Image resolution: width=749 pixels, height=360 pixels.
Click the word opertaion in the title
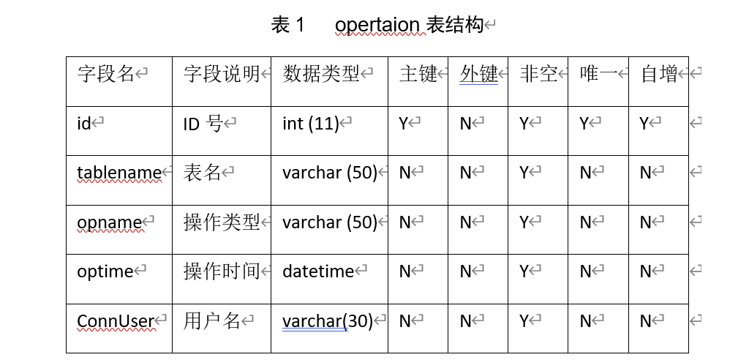(x=377, y=25)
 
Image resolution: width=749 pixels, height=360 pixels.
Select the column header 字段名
(x=106, y=74)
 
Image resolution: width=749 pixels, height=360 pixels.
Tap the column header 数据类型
(x=321, y=74)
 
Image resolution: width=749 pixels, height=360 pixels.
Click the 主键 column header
(x=418, y=74)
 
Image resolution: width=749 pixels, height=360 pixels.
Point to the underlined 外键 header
(x=478, y=74)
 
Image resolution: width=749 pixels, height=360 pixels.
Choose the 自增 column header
(x=659, y=74)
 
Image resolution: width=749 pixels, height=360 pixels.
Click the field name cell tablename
(x=118, y=173)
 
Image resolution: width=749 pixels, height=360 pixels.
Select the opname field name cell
(x=109, y=222)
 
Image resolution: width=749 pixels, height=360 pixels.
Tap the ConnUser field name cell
(x=116, y=320)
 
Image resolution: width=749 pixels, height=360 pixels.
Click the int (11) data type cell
(x=310, y=124)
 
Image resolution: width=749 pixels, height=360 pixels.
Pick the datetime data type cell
(x=318, y=271)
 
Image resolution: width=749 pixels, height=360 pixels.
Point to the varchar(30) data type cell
(x=327, y=320)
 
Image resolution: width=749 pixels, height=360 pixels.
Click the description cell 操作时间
(x=222, y=271)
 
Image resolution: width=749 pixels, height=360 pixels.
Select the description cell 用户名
(x=211, y=320)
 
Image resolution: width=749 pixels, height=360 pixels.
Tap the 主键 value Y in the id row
(x=403, y=124)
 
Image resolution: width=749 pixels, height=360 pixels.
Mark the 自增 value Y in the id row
(x=644, y=124)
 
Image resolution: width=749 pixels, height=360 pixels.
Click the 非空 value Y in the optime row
(x=524, y=271)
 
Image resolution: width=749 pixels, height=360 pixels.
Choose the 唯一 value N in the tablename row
(x=585, y=173)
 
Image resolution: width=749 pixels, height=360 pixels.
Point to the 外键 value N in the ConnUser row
(x=465, y=320)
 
